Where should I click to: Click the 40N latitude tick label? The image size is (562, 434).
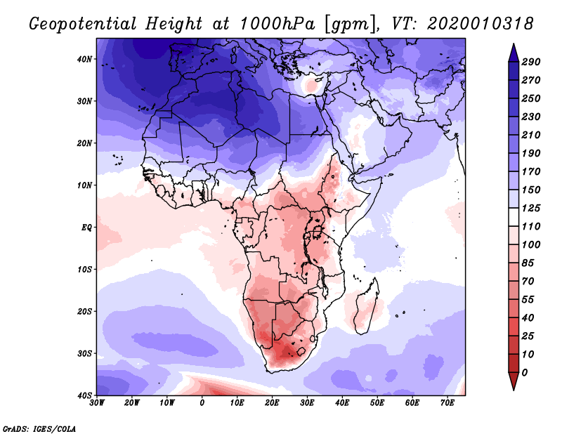84,59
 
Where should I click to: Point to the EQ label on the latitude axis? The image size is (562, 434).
86,228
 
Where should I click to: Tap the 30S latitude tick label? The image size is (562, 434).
84,353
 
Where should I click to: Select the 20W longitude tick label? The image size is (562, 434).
132,403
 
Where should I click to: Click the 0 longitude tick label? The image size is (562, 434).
202,403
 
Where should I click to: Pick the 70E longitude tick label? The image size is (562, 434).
447,403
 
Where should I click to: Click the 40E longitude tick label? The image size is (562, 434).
342,403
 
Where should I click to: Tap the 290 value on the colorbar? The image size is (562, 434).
531,62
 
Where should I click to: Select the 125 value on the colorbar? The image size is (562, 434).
531,208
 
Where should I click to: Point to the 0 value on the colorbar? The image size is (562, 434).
525,373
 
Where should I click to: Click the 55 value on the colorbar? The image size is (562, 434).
528,300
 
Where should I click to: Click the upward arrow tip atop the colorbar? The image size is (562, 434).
514,44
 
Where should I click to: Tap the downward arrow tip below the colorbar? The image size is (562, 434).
514,390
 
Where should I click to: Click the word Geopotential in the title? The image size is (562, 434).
83,24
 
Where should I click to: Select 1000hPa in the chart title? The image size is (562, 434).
277,24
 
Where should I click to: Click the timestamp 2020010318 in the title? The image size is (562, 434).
481,24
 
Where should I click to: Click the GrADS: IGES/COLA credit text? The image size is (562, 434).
39,428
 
